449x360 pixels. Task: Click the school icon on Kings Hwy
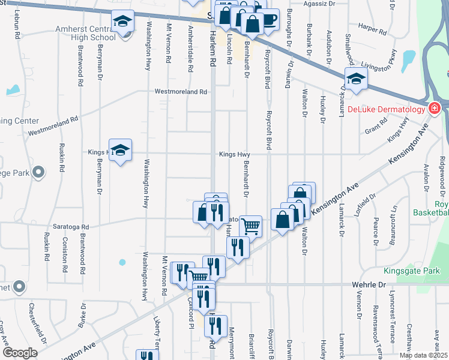[121, 151]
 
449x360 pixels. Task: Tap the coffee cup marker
[268, 19]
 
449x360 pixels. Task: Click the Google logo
[20, 353]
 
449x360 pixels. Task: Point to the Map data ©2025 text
[423, 355]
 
